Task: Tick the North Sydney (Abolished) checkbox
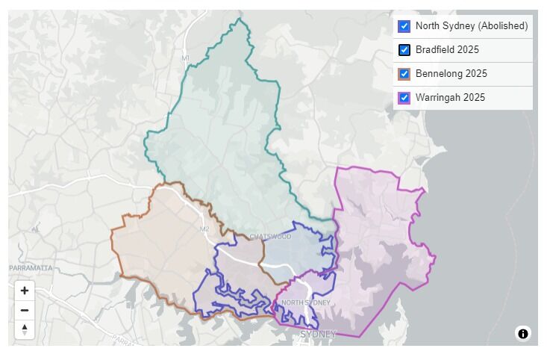point(404,26)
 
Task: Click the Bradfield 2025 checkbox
point(404,50)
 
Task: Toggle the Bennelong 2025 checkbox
point(404,74)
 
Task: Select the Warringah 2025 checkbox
point(404,98)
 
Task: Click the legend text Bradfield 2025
point(447,50)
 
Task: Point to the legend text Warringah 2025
point(450,98)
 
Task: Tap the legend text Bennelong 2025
point(451,74)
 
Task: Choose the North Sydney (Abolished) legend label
point(472,26)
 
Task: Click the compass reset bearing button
point(25,329)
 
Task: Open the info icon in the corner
point(522,333)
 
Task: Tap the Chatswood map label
point(270,237)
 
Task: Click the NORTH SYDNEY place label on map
point(305,302)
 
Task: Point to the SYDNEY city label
point(318,334)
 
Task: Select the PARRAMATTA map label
point(31,267)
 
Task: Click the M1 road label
point(185,58)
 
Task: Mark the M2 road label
point(204,229)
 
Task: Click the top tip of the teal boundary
point(240,19)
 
